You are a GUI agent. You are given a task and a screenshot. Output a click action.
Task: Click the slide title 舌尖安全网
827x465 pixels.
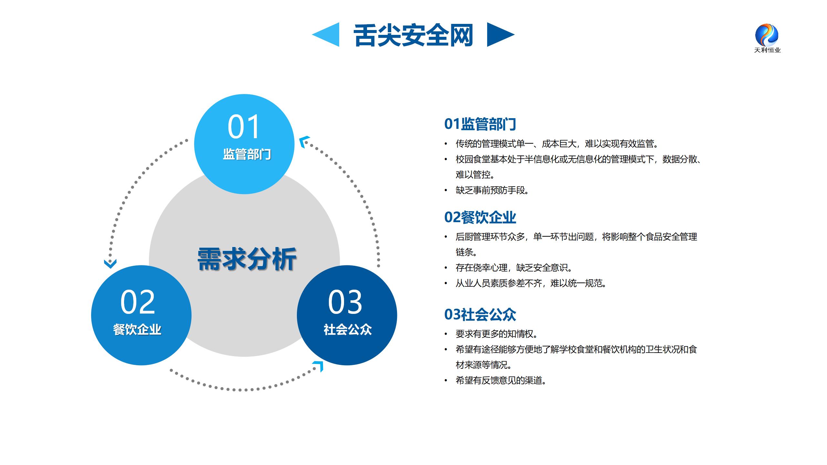(413, 35)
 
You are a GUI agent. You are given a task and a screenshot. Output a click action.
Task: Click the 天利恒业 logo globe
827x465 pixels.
(767, 35)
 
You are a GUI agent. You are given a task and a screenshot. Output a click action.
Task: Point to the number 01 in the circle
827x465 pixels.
(244, 127)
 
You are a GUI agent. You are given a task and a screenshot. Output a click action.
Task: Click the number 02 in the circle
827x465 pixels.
(138, 302)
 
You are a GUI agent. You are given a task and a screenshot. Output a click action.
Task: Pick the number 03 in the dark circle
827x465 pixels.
(345, 302)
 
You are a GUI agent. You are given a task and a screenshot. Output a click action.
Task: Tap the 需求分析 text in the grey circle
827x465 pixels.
(247, 259)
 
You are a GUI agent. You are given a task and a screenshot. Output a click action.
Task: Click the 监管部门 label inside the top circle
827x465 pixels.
(247, 154)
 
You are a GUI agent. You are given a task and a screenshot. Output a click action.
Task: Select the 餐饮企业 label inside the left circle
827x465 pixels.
(137, 330)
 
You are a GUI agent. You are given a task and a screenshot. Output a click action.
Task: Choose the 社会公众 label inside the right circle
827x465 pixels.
(348, 330)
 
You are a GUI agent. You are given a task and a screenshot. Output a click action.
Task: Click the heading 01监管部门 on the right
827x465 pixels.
(480, 124)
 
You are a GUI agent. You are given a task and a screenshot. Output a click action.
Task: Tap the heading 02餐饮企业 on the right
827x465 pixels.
(480, 217)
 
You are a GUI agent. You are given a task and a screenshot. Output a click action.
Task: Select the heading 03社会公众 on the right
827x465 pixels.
(480, 315)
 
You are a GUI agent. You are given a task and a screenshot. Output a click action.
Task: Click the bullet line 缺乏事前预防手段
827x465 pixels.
(492, 191)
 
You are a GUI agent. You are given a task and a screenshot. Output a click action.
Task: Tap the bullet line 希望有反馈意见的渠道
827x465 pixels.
(501, 380)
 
